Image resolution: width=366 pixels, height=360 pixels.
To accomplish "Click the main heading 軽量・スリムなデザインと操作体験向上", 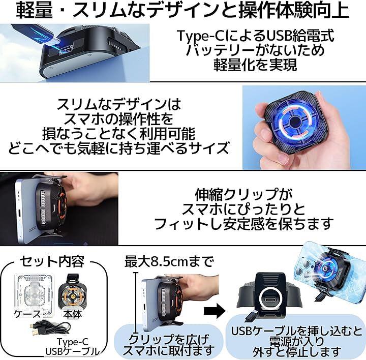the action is coord(183,11).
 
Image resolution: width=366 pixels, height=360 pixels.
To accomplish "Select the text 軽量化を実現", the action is coord(255,65).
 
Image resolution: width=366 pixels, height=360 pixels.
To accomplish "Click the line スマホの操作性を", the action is coord(119,119).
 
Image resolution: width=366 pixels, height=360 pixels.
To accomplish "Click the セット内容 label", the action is coord(52,261).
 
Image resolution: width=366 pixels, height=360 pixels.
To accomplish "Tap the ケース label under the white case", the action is coord(28,314).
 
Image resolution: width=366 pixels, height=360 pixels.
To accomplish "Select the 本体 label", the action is coord(73,314).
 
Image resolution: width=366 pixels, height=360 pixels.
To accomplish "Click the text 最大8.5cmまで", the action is coord(169,261).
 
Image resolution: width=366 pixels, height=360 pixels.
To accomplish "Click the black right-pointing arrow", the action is coord(215,311).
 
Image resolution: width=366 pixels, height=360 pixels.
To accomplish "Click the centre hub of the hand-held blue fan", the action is coord(294,122).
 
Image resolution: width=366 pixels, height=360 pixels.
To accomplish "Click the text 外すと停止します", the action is coord(297,351).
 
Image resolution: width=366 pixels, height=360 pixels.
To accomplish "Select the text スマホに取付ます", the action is coord(169,350).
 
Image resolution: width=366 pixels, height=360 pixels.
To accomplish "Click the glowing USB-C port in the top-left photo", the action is coord(66,50).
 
